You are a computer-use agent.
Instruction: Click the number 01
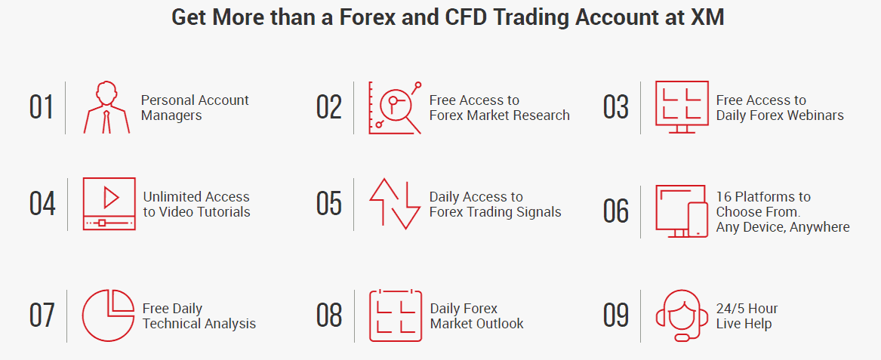(42, 107)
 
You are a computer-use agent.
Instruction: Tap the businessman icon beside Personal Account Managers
(106, 107)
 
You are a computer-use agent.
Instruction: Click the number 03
(616, 107)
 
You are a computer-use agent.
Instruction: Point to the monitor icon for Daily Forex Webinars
(682, 107)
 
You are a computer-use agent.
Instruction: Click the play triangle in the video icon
(111, 198)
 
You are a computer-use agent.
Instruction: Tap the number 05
(329, 204)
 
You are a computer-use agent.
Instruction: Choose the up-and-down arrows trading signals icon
(394, 203)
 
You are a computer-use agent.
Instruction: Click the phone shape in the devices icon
(698, 220)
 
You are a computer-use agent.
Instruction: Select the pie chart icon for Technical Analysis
(108, 315)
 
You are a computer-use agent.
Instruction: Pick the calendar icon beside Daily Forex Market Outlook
(395, 315)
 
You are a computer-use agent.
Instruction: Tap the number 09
(616, 315)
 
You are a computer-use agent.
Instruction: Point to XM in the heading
(707, 17)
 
